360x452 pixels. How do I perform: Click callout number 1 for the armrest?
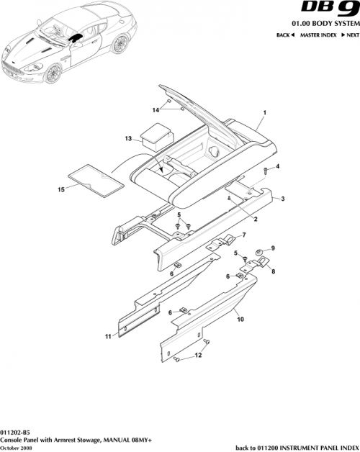[264, 114]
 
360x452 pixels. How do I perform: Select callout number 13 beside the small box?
[128, 137]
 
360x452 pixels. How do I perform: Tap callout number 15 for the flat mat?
[61, 189]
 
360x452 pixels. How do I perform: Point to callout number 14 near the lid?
[155, 109]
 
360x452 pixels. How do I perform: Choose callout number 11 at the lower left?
[109, 336]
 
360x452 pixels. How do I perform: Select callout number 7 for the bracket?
[243, 235]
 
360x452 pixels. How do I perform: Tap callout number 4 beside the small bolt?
[277, 167]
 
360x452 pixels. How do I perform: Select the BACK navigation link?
[285, 35]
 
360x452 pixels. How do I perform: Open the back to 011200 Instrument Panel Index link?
[297, 447]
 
